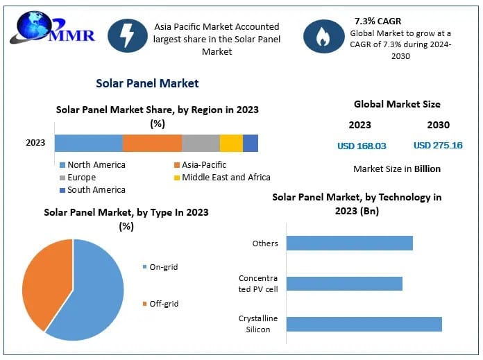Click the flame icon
(323, 36)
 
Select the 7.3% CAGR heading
(378, 21)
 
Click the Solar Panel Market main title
(147, 83)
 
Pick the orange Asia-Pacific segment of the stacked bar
(152, 143)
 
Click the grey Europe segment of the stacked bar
(201, 143)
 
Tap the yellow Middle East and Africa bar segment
(231, 143)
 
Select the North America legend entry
(92, 165)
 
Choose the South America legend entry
(92, 190)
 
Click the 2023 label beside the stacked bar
(35, 143)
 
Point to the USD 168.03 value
(362, 146)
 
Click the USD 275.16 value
(438, 146)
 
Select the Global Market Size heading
(397, 105)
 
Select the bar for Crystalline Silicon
(364, 324)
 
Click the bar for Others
(349, 243)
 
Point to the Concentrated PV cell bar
(344, 284)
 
